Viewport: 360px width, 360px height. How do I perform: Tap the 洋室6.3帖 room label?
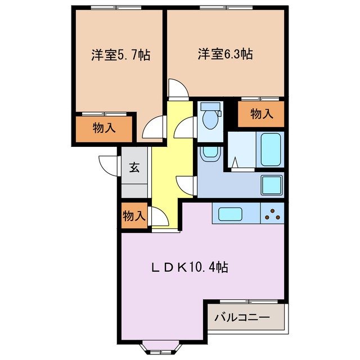(224, 54)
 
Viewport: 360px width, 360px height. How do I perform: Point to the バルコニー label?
(242, 318)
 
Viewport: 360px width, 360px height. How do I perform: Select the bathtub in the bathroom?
(271, 149)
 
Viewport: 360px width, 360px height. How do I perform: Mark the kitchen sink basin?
(230, 214)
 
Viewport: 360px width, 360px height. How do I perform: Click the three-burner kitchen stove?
(272, 214)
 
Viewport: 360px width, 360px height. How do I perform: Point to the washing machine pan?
(272, 184)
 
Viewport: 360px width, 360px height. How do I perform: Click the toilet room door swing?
(184, 129)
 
